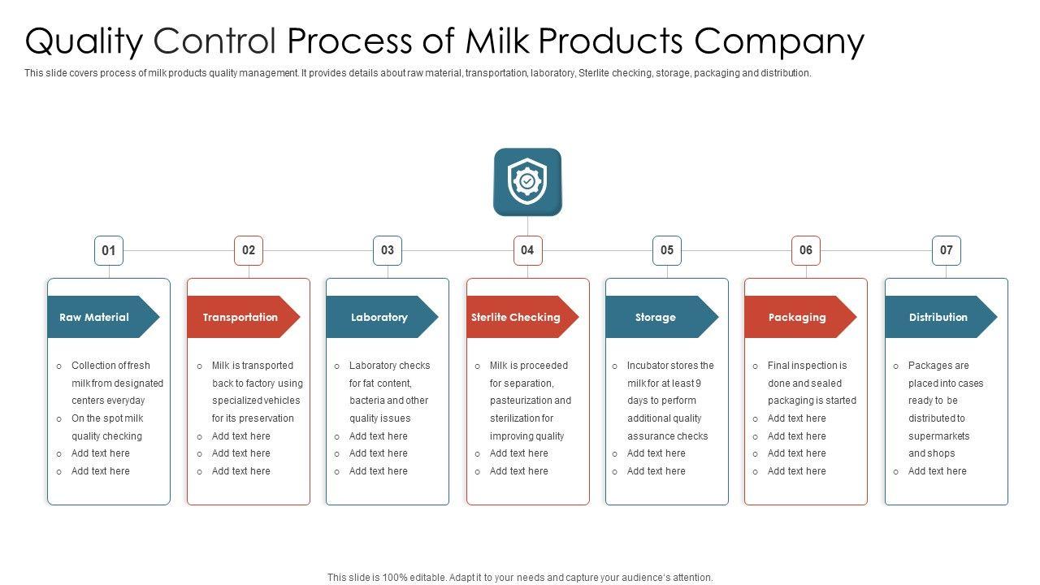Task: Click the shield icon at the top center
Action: (x=527, y=181)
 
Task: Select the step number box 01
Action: (x=109, y=250)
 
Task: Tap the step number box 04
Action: (x=527, y=250)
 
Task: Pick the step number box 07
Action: (x=946, y=250)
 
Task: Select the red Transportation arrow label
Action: (x=240, y=317)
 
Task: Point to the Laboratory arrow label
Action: (x=379, y=317)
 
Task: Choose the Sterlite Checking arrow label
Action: (x=517, y=317)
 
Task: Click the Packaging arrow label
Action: (x=797, y=317)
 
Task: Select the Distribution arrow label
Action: (x=938, y=317)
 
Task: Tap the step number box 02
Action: (x=249, y=250)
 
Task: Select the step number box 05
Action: (x=667, y=250)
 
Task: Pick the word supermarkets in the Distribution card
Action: (x=938, y=436)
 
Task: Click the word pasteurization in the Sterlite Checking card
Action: (x=531, y=401)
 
